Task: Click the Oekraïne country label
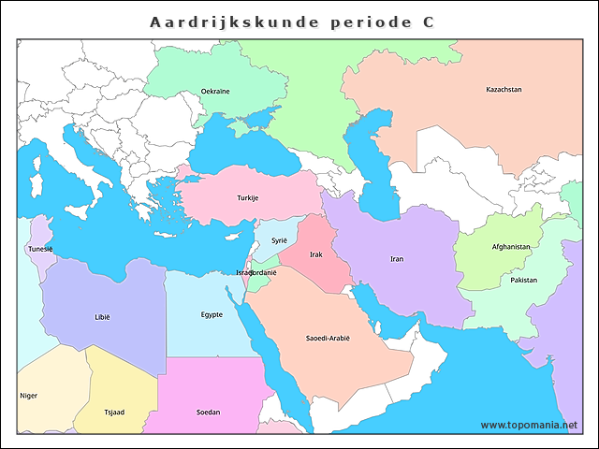215,92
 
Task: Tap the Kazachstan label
504,90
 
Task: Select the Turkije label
247,198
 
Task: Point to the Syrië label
280,240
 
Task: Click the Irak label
316,254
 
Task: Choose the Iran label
397,259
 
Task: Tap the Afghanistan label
511,247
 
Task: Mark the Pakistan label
524,281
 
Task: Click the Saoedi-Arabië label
328,338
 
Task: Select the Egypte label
212,314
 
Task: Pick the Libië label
102,317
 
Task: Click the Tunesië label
40,250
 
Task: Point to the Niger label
29,396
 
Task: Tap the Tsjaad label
113,412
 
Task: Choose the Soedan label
209,412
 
